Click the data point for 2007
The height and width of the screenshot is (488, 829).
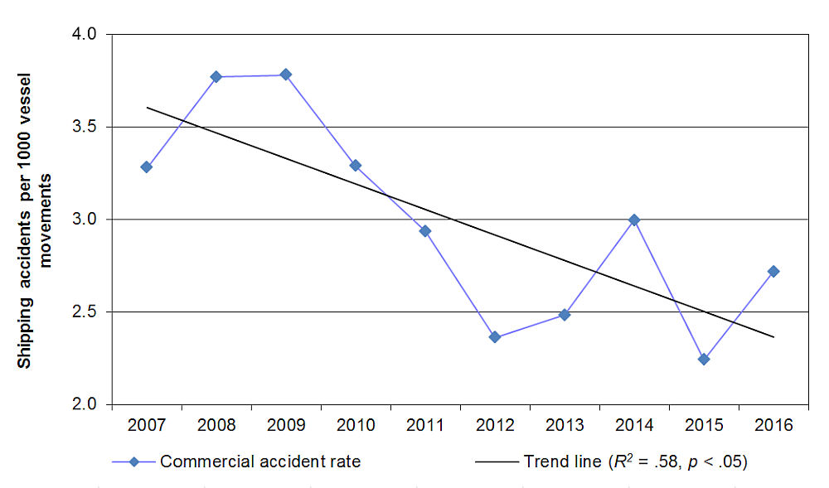pyautogui.click(x=147, y=167)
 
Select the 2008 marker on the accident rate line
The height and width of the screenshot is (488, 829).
pyautogui.click(x=216, y=76)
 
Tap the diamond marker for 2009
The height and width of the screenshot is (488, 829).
pyautogui.click(x=286, y=75)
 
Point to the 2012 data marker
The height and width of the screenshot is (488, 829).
pyautogui.click(x=495, y=337)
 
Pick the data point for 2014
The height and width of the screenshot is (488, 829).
pyautogui.click(x=634, y=220)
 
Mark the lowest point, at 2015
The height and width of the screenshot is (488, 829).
pyautogui.click(x=704, y=359)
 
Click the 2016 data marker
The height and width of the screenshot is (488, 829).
pyautogui.click(x=773, y=271)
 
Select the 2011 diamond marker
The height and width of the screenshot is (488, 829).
pyautogui.click(x=425, y=230)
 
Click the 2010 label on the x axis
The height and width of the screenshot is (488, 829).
pyautogui.click(x=356, y=425)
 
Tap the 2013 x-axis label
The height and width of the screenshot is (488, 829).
pyautogui.click(x=565, y=425)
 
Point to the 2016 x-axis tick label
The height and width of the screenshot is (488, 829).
pyautogui.click(x=773, y=425)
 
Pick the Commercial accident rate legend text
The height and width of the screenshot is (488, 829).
pyautogui.click(x=260, y=461)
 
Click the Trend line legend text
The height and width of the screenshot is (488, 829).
pyautogui.click(x=636, y=461)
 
